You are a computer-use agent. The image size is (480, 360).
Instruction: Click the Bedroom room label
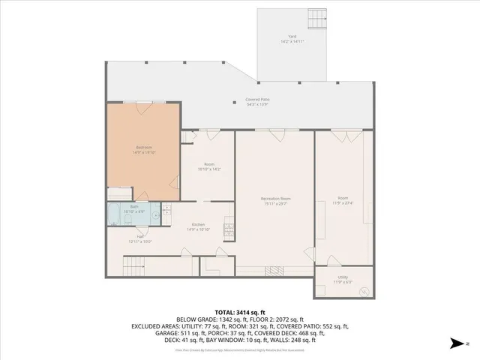[x=144, y=148]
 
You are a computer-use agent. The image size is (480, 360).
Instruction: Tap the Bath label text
[x=134, y=208]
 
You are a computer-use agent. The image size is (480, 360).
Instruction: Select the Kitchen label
[x=199, y=226]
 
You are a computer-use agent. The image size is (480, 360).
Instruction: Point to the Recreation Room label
[x=275, y=201]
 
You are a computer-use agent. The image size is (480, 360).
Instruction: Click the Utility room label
[x=342, y=278]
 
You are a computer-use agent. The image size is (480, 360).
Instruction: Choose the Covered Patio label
[x=257, y=100]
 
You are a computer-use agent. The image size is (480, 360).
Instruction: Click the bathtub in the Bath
[x=117, y=211]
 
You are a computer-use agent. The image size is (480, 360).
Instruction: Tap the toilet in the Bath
[x=154, y=215]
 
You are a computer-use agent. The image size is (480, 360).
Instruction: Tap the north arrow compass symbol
[x=454, y=344]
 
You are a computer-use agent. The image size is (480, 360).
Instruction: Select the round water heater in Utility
[x=364, y=290]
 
